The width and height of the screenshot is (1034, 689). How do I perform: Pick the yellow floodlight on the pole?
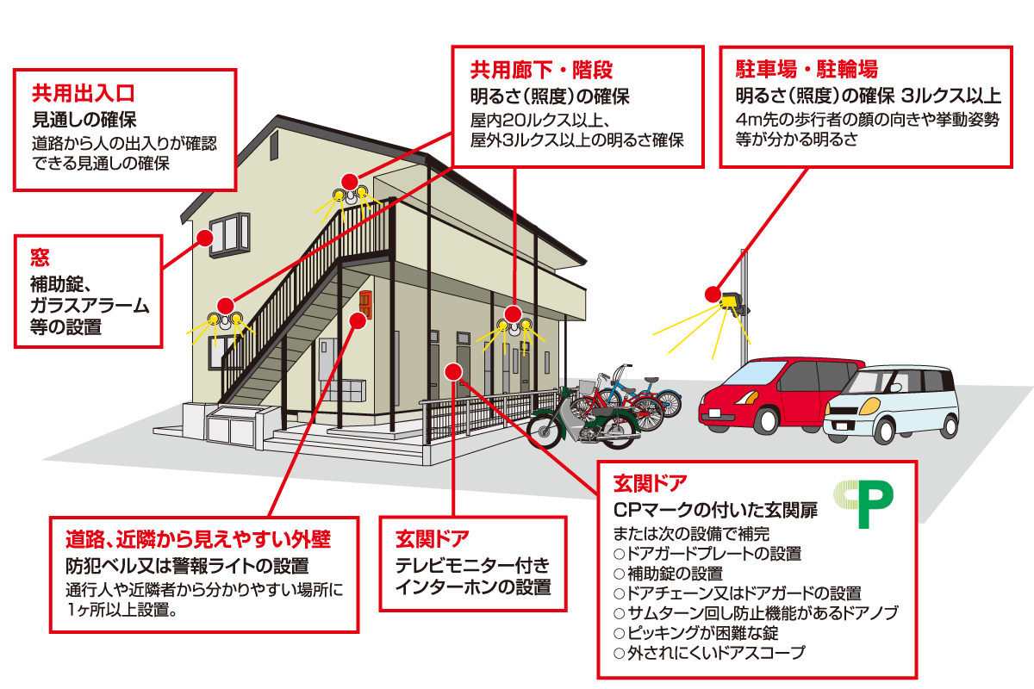click(x=732, y=302)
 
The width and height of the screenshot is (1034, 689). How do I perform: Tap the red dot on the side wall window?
click(x=204, y=237)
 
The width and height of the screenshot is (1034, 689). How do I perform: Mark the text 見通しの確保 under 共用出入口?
click(x=84, y=118)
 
